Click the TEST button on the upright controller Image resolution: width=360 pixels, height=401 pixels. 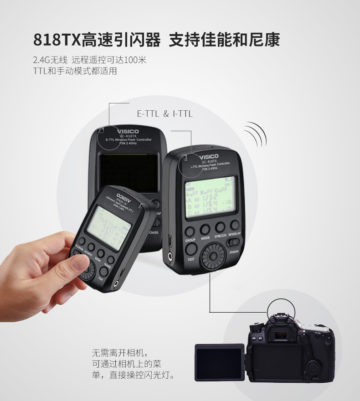point(191,248)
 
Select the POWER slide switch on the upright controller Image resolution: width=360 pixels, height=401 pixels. point(234,243)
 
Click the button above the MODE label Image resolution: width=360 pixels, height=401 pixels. point(205,229)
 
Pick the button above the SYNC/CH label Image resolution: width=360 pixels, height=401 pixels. point(220,227)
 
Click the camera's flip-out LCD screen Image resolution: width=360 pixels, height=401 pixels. point(220,362)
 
